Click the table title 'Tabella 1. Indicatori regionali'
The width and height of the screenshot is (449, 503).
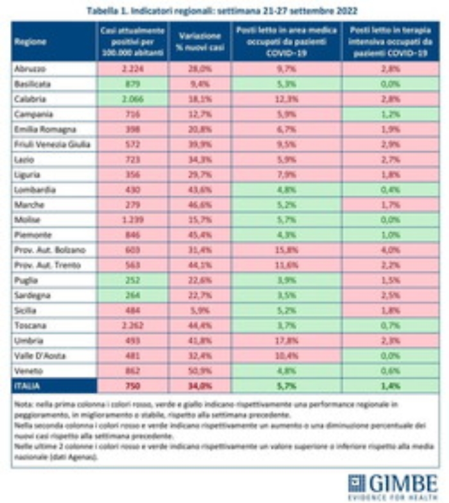(224, 11)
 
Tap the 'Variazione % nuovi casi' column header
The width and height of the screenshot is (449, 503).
(201, 41)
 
